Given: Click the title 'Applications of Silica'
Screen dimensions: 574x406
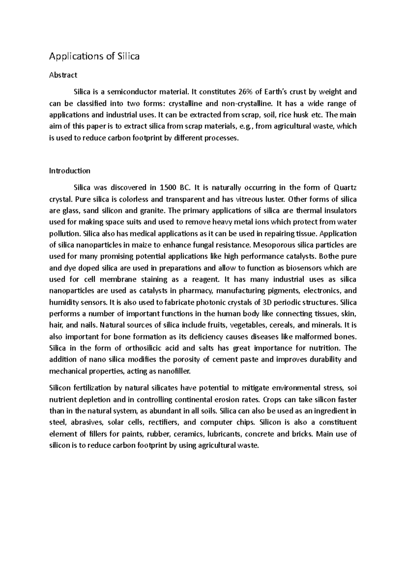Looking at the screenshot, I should pyautogui.click(x=94, y=56).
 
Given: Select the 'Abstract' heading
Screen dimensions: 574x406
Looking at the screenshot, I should pyautogui.click(x=63, y=75).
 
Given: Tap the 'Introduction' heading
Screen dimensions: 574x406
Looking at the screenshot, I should pyautogui.click(x=70, y=171).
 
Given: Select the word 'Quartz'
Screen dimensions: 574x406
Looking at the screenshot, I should pyautogui.click(x=345, y=188).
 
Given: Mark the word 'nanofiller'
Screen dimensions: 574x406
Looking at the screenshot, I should pyautogui.click(x=174, y=371).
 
